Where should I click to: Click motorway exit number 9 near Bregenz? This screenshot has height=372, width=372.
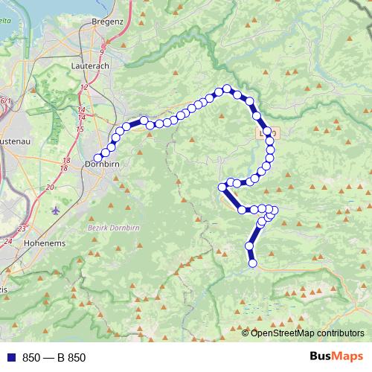click(x=102, y=49)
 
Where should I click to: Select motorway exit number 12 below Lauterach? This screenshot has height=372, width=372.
click(x=83, y=88)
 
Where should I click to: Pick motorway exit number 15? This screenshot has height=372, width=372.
click(x=80, y=129)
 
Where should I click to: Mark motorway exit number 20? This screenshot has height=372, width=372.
click(x=49, y=187)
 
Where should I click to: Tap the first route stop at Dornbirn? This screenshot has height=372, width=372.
click(x=97, y=158)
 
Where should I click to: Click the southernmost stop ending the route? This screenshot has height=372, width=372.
click(x=252, y=263)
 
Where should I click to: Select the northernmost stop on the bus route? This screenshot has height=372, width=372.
click(x=228, y=89)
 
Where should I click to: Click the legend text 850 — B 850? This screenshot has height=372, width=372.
click(x=54, y=357)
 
